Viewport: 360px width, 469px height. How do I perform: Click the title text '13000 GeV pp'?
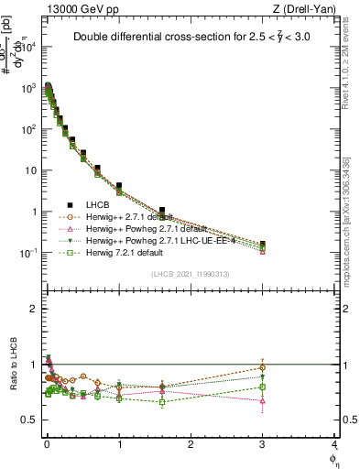(x=75, y=8)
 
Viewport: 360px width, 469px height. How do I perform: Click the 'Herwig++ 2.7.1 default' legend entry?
(x=137, y=216)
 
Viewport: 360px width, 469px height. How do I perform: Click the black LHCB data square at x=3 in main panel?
(x=263, y=245)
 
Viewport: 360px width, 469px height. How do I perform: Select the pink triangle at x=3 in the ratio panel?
(x=263, y=400)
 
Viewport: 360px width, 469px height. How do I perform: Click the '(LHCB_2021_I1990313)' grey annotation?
(x=191, y=274)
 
